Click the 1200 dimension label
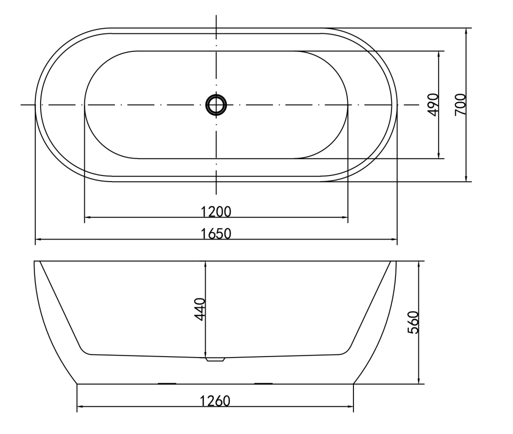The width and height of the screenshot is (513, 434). coord(215,211)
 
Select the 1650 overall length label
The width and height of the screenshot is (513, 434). coord(215,233)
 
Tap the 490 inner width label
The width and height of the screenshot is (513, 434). coord(433,105)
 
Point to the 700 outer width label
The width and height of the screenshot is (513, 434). coord(460,104)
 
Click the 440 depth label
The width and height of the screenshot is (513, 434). coord(200,309)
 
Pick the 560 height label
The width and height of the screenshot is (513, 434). coord(413,322)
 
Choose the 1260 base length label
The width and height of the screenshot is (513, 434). coord(215,401)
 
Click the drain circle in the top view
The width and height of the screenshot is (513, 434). coord(216,105)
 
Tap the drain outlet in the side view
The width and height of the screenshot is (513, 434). coord(215,359)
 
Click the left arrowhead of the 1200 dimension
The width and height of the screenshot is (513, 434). coord(88,217)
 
